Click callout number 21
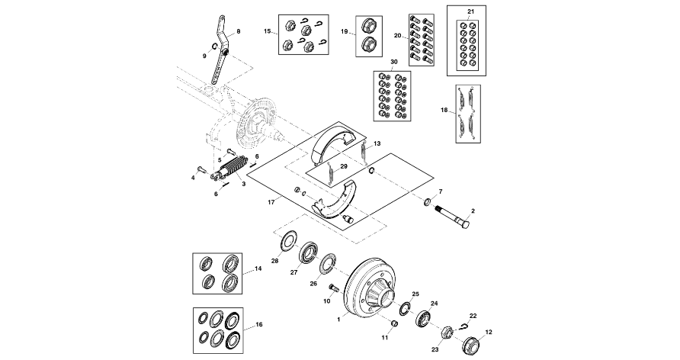470,11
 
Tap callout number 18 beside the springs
444,111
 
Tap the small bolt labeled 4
202,168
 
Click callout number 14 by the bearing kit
258,269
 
